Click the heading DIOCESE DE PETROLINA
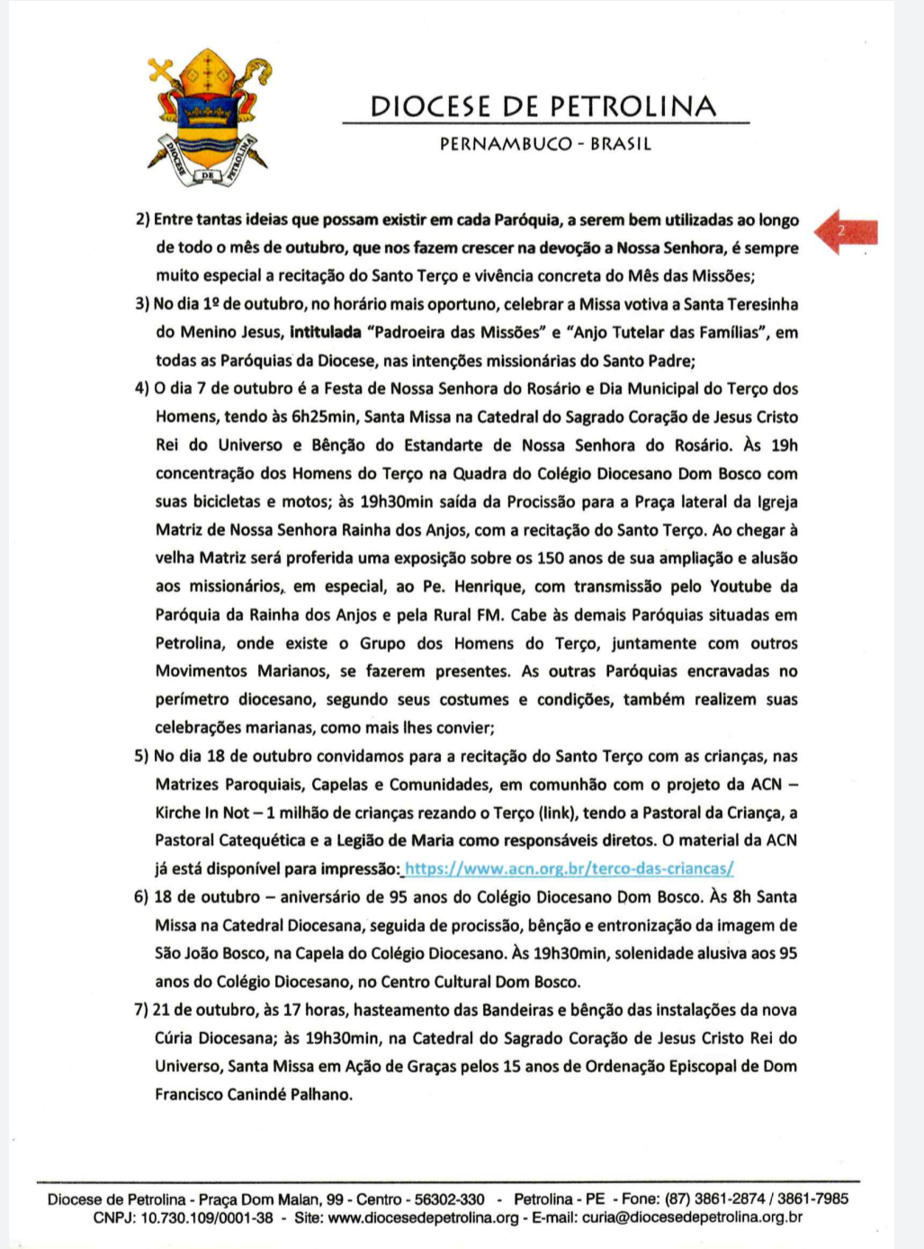coord(543,106)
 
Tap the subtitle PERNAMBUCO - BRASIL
coord(545,144)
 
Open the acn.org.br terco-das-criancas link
coord(570,868)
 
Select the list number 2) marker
coord(142,220)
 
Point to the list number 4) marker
coord(142,389)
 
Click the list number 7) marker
coord(142,1010)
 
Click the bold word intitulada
coord(325,332)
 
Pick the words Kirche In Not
coord(202,813)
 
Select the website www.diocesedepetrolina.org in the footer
coord(424,1218)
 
